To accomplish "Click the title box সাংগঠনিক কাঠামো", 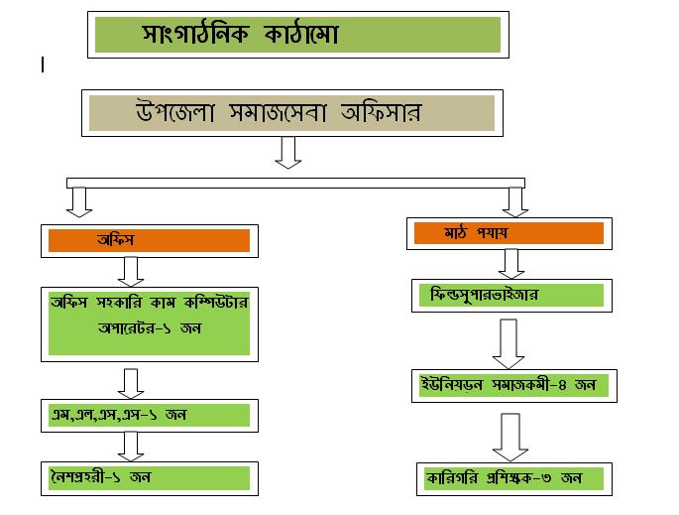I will point(297,36).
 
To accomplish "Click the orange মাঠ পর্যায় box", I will point(506,234).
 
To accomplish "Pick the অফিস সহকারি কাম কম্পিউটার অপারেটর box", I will point(148,322).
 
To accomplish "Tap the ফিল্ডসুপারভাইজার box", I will point(507,296).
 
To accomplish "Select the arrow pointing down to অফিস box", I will point(81,201).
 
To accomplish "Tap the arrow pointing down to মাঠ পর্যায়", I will point(514,200).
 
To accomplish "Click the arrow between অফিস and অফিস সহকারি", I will point(131,270).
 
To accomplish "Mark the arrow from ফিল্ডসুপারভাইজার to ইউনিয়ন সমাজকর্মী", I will point(510,343).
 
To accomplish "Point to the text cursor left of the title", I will point(43,64).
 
